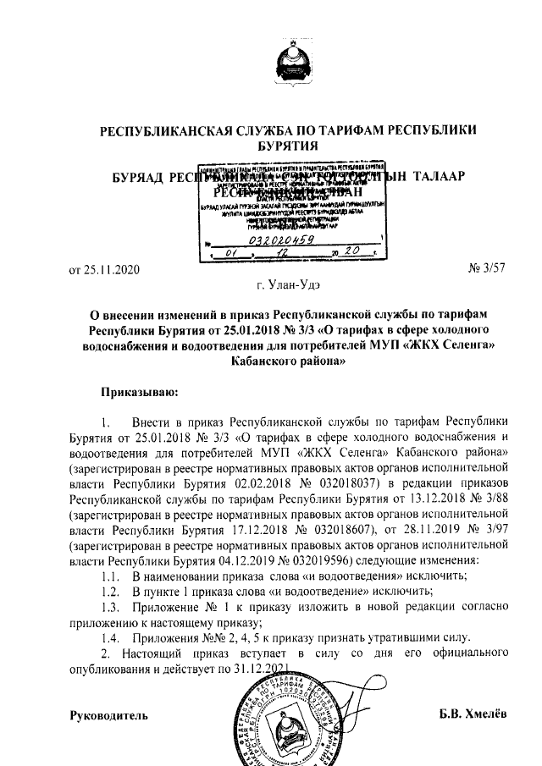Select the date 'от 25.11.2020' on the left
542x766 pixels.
[102, 270]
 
